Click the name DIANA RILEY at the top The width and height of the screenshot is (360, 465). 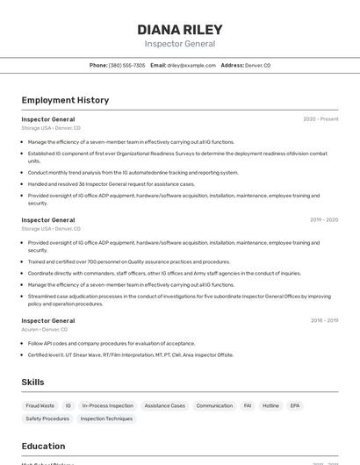(x=180, y=29)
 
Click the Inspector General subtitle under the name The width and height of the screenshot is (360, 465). (x=180, y=44)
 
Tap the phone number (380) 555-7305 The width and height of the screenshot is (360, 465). (x=126, y=65)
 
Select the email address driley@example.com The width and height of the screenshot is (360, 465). (x=191, y=65)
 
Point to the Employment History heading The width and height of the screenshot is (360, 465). (x=65, y=100)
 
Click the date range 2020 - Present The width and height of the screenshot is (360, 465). (x=320, y=119)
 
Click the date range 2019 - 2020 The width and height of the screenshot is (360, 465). (x=323, y=220)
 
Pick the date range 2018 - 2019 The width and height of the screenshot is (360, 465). (x=323, y=321)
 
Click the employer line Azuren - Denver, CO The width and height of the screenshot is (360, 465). (x=45, y=330)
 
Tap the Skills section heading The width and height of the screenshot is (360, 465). (x=32, y=383)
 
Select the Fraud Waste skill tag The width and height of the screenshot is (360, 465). (x=40, y=406)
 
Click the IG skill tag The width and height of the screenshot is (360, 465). (x=68, y=406)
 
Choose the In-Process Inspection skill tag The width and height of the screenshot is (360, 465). (x=108, y=406)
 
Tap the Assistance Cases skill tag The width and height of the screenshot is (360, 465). (x=165, y=406)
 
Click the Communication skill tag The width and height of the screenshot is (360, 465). (x=214, y=406)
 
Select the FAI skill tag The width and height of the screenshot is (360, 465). (x=248, y=406)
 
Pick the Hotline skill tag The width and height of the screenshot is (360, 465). (x=270, y=406)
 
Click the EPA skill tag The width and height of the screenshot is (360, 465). (x=295, y=406)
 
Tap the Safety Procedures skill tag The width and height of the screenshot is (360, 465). (x=47, y=419)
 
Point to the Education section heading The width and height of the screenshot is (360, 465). (x=43, y=446)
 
